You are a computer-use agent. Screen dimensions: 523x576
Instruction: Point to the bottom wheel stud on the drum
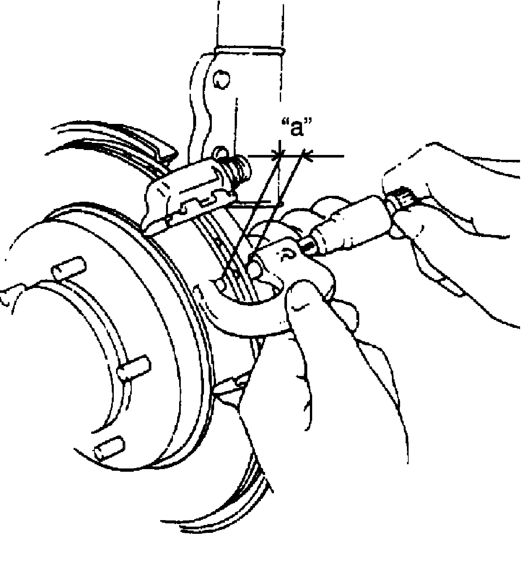click(x=109, y=449)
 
